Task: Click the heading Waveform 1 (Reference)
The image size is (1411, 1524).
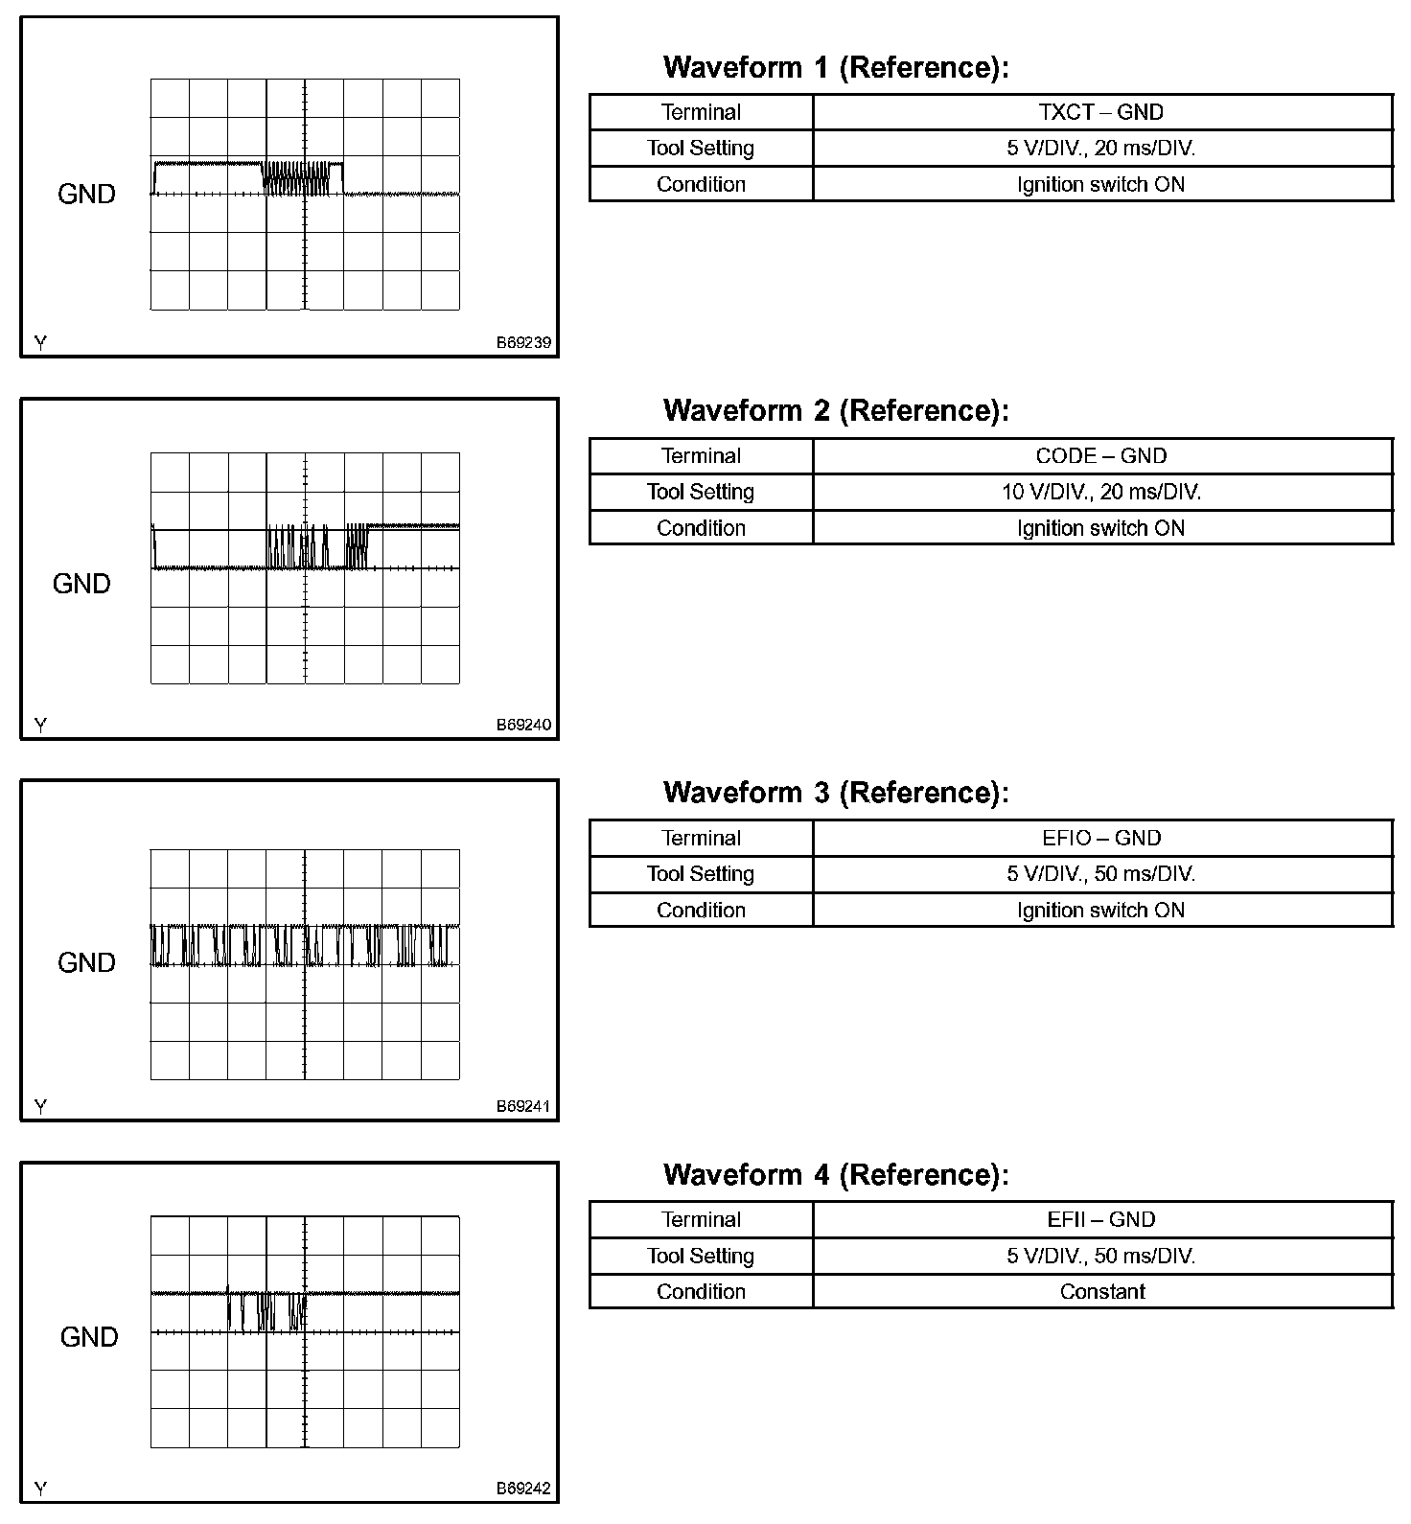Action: (x=836, y=68)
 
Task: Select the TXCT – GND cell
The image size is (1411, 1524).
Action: (x=1101, y=112)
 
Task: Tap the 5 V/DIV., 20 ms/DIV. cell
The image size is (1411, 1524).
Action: (x=1101, y=148)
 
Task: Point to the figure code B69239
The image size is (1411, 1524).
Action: (x=523, y=342)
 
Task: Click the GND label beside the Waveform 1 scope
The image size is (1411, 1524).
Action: (x=86, y=194)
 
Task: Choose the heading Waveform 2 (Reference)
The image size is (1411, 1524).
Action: (x=836, y=411)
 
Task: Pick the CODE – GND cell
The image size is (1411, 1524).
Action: (x=1101, y=456)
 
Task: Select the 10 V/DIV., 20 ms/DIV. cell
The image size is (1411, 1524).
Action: (x=1101, y=492)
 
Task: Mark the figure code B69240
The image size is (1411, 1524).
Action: (x=523, y=725)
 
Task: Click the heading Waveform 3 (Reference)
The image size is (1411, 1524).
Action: (x=836, y=793)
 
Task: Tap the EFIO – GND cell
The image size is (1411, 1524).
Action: (x=1101, y=838)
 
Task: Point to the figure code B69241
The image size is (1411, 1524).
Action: (x=523, y=1106)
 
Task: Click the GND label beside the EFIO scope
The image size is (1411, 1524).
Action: (x=86, y=962)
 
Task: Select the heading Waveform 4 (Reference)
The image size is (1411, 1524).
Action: (x=836, y=1175)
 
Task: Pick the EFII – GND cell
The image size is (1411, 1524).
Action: (x=1101, y=1219)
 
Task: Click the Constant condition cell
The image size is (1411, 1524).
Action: (x=1101, y=1291)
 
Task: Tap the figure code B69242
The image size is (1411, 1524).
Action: (x=523, y=1489)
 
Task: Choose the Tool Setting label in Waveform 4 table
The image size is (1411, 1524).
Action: (x=701, y=1256)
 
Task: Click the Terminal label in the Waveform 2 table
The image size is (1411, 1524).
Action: (x=701, y=456)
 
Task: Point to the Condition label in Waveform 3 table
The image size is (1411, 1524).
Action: (x=701, y=910)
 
